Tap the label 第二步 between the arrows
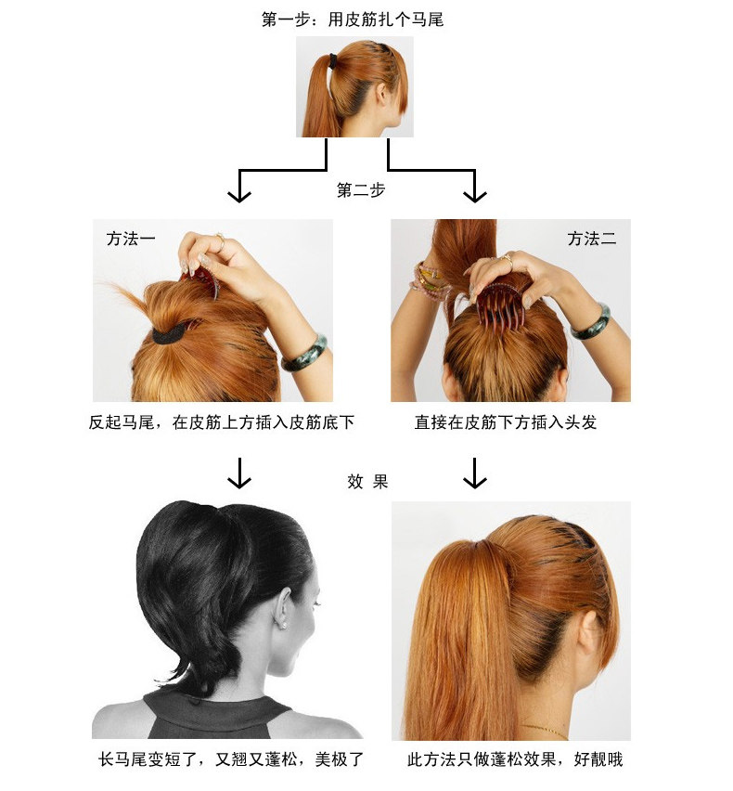click(361, 190)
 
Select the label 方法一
click(130, 239)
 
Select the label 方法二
click(592, 239)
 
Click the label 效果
click(367, 481)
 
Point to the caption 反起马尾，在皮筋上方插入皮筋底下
click(222, 422)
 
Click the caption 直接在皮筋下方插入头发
click(506, 422)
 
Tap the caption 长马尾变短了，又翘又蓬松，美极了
click(230, 759)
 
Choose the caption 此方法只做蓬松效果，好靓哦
click(515, 759)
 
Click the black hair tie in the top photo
click(333, 62)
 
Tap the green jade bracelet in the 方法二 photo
click(590, 321)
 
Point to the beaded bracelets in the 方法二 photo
click(429, 278)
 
